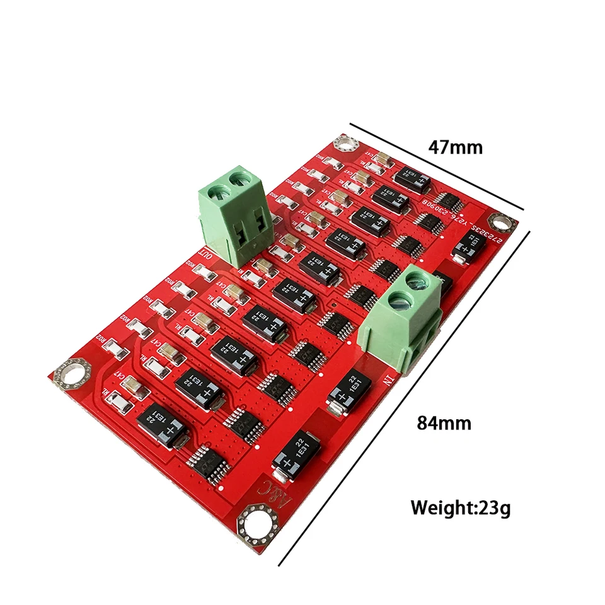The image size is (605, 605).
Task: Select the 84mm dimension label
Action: [444, 422]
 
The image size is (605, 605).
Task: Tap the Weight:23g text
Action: [461, 507]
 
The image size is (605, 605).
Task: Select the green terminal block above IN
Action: [402, 315]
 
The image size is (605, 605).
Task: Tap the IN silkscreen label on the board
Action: [386, 381]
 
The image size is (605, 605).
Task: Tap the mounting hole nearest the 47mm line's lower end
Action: [502, 222]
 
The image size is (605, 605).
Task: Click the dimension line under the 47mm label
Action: [437, 167]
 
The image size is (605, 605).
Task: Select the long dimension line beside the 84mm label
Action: [403, 397]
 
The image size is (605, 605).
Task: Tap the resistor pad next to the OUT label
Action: [206, 272]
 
